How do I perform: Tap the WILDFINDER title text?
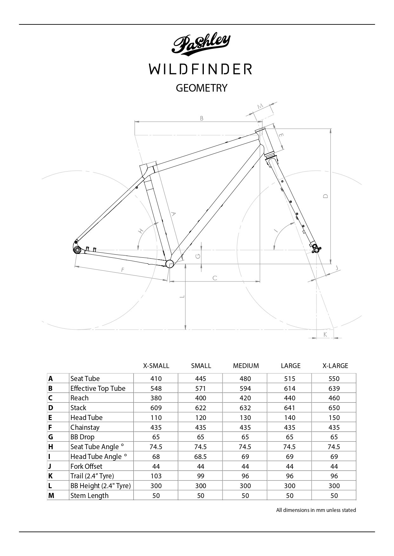coord(201,69)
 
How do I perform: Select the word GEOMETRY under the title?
coord(202,88)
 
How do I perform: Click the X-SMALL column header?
coord(156,366)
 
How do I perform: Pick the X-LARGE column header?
coord(335,366)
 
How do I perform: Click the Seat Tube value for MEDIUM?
coord(245,378)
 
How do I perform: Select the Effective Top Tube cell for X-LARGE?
coord(334,388)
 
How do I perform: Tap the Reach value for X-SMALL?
coord(156,398)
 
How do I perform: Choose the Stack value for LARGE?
coord(290,408)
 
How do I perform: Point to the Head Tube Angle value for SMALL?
coord(201,456)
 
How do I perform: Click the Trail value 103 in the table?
coord(156,476)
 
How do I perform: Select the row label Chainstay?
coord(85,427)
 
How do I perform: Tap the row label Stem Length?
coord(89,495)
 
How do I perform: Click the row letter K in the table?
coord(50,476)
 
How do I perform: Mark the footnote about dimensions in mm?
coord(316,510)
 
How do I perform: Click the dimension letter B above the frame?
coord(202,119)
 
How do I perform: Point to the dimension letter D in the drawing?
coord(325,196)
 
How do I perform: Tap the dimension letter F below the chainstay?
coord(123,270)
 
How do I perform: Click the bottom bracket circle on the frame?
coord(170,263)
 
